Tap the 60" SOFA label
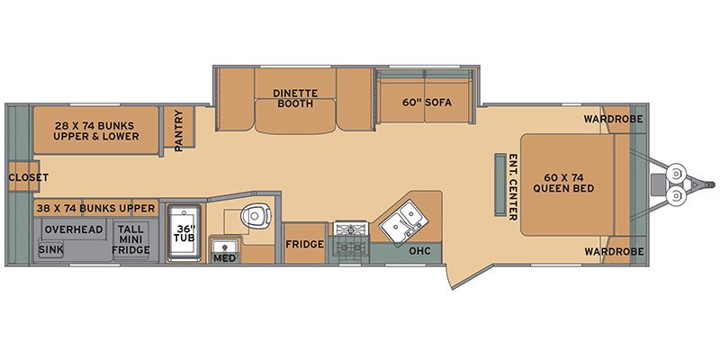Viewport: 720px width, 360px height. pyautogui.click(x=427, y=102)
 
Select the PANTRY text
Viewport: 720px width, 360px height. pyautogui.click(x=179, y=130)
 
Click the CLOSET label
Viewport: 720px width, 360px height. pyautogui.click(x=29, y=177)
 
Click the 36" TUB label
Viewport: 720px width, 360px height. pyautogui.click(x=185, y=230)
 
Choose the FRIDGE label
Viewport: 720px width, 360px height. pyautogui.click(x=304, y=244)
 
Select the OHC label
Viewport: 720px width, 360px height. pyautogui.click(x=419, y=250)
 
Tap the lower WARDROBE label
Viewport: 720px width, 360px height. pyautogui.click(x=613, y=251)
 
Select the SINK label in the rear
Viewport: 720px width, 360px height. pyautogui.click(x=51, y=249)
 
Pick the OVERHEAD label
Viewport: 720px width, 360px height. pyautogui.click(x=74, y=229)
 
